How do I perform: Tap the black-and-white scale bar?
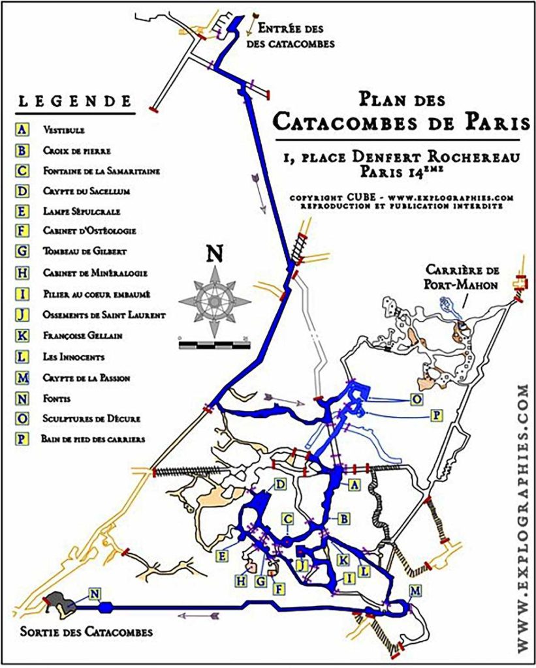tap(214, 342)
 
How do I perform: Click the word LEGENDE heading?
tap(72, 102)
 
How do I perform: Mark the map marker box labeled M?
tap(415, 591)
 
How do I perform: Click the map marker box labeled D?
tap(280, 483)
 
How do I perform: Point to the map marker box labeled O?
tap(415, 398)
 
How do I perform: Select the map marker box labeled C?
tap(287, 519)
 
